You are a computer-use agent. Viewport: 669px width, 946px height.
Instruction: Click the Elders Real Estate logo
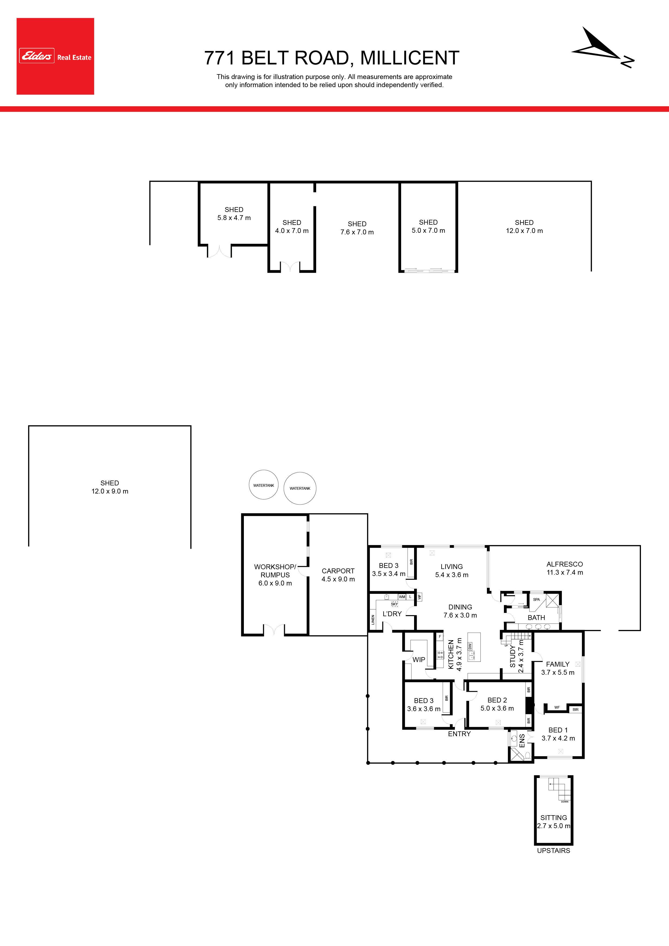click(x=55, y=56)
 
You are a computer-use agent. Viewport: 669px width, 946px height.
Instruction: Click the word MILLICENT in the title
click(x=410, y=58)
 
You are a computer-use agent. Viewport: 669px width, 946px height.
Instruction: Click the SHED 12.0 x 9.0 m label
click(x=110, y=487)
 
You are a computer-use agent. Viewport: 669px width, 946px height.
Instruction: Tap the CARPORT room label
click(x=338, y=571)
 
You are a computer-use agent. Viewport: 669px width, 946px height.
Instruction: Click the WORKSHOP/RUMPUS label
click(x=275, y=571)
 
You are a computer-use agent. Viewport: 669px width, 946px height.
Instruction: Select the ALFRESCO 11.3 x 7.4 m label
click(x=565, y=568)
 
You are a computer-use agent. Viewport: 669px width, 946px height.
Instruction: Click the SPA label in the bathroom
click(x=536, y=599)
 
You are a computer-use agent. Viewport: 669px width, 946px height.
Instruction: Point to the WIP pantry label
click(x=419, y=660)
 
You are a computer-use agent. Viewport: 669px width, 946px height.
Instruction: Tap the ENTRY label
click(x=459, y=734)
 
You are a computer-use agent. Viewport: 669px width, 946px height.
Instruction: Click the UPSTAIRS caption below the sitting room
click(x=554, y=851)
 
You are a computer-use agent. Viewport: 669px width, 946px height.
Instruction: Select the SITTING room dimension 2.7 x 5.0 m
click(x=554, y=826)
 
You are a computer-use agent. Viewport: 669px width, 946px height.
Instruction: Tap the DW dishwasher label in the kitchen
click(x=470, y=646)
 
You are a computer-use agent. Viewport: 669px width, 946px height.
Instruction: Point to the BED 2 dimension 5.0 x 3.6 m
click(x=497, y=708)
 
